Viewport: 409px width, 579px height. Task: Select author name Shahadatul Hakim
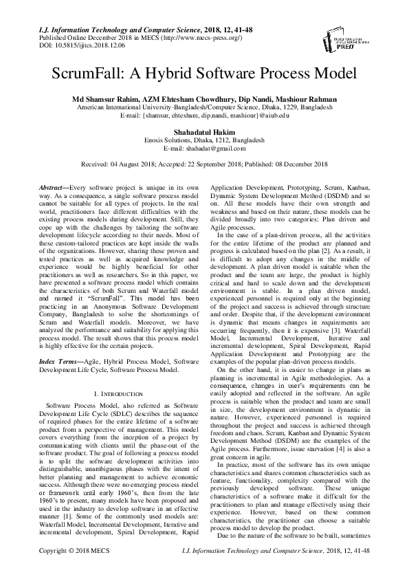[204, 131]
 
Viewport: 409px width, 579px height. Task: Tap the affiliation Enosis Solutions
[169, 139]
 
